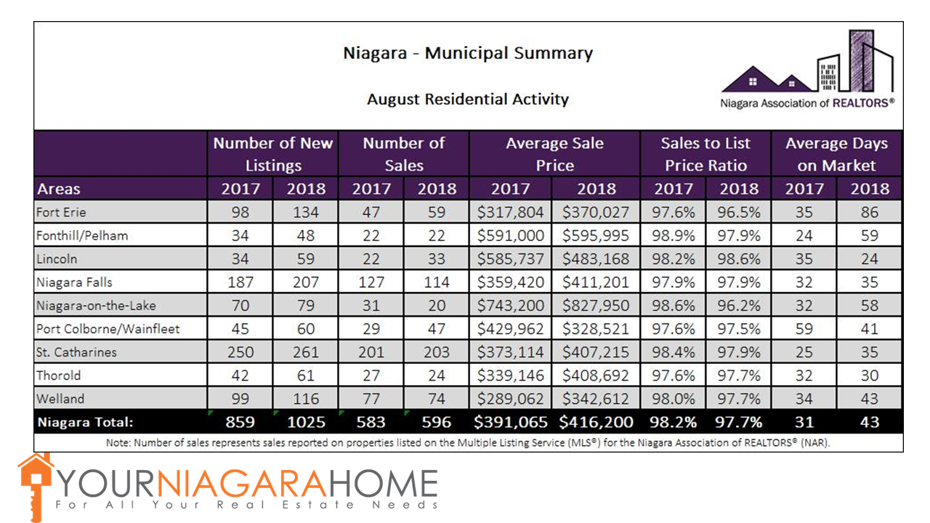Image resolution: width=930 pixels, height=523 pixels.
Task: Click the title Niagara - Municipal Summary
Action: point(468,54)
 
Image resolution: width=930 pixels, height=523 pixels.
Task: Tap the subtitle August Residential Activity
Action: point(468,99)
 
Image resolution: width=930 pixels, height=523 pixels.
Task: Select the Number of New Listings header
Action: point(273,154)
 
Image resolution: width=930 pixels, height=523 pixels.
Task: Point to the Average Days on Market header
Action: point(836,154)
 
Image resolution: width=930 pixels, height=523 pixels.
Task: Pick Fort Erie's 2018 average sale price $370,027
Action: point(596,213)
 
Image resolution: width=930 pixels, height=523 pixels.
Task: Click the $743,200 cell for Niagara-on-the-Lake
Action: point(511,306)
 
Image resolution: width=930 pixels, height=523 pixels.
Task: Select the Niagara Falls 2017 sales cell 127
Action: point(371,283)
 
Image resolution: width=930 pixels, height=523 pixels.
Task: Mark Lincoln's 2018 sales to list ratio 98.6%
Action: point(738,259)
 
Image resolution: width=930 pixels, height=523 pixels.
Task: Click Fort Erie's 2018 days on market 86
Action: point(869,213)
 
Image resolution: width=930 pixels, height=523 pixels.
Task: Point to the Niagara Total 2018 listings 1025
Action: point(305,422)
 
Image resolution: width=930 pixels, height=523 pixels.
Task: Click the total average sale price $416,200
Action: point(596,422)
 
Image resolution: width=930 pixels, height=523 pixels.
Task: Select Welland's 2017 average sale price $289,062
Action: point(511,399)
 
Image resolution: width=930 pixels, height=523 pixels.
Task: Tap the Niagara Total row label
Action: point(86,422)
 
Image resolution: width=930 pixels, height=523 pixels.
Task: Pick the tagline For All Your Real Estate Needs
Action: point(247,504)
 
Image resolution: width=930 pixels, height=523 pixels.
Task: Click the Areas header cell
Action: point(59,190)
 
